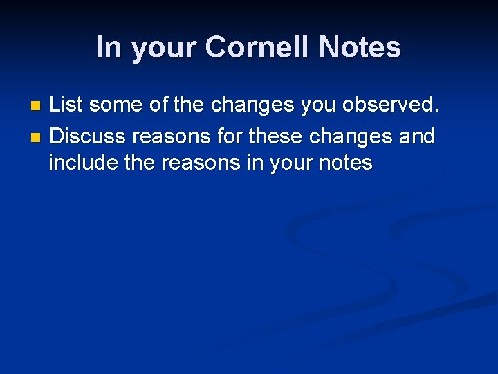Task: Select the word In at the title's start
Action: coord(109,48)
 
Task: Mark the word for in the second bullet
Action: coord(228,136)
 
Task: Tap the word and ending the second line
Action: coord(417,136)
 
